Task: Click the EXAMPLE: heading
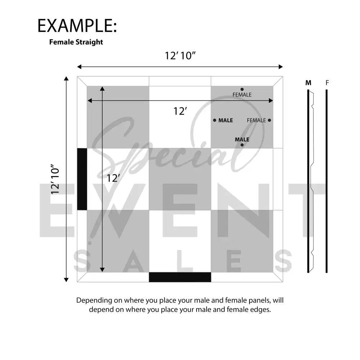(x=77, y=26)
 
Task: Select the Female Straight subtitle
(x=76, y=42)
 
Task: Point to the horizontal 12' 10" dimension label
(x=180, y=56)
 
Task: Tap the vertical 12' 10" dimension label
(x=55, y=179)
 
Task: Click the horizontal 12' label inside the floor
(x=180, y=111)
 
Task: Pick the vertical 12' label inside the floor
(x=113, y=178)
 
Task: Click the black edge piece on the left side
(x=82, y=179)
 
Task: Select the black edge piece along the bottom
(x=180, y=277)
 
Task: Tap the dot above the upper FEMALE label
(x=242, y=89)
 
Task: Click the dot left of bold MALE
(x=215, y=120)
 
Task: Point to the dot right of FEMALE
(x=270, y=120)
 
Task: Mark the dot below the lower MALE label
(x=242, y=145)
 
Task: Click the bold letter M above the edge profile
(x=309, y=83)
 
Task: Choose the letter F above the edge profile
(x=327, y=83)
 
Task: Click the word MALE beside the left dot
(x=226, y=120)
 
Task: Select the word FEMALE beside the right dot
(x=256, y=120)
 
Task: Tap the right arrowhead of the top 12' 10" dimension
(x=281, y=67)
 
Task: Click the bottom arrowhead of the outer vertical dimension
(x=66, y=280)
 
